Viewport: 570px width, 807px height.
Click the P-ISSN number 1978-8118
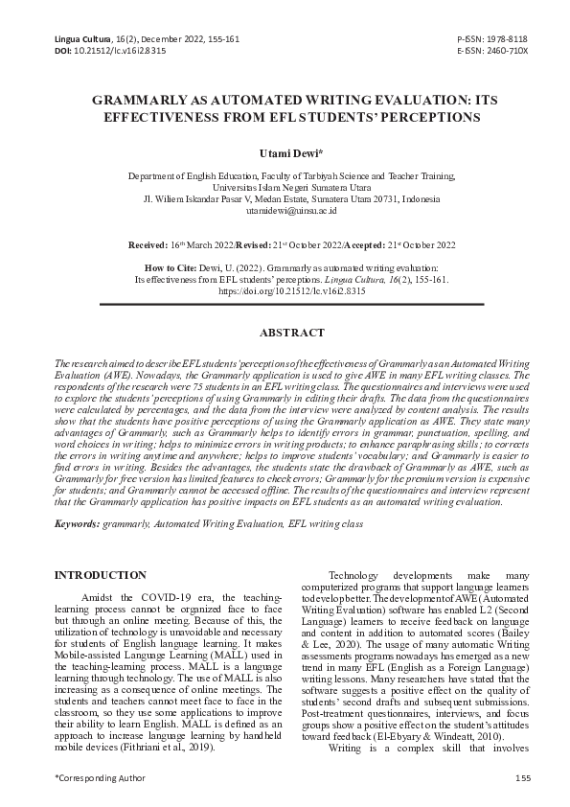tap(507, 38)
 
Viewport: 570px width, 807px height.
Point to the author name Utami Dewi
tap(284, 152)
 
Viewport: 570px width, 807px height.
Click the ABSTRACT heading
tap(285, 333)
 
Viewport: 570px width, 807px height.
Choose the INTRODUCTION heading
tap(101, 575)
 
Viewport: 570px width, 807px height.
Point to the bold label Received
tap(148, 245)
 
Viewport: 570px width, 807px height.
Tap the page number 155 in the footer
tap(523, 777)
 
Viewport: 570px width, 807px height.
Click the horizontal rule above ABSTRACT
tap(285, 306)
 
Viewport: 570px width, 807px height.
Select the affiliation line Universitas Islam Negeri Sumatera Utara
tap(284, 188)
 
